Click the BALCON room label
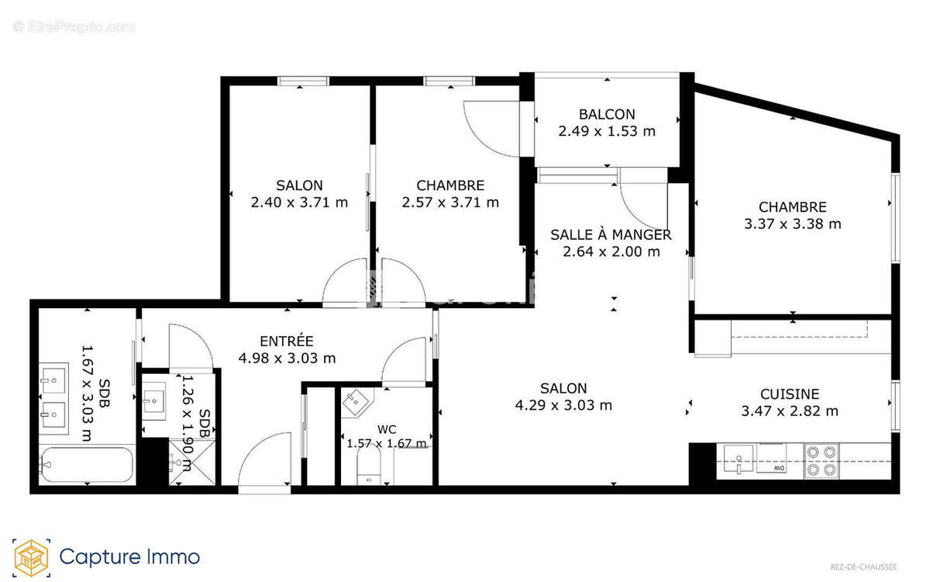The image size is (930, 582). pos(607,114)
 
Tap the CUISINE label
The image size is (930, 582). pos(789,394)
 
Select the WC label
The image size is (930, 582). pos(387,429)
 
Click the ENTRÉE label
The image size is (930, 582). pos(286,341)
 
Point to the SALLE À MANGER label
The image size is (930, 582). pos(611,234)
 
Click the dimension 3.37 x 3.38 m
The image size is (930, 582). pos(792,224)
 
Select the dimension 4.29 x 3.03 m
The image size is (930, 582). pos(563,405)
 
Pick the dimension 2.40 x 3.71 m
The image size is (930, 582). pos(299,203)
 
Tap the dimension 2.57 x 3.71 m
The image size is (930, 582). pos(450,203)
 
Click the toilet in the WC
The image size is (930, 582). pos(370,470)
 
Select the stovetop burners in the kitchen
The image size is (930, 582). pos(821,460)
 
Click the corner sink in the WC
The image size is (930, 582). pos(356,402)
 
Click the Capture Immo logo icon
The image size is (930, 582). pos(32,556)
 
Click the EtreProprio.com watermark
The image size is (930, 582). pos(74,27)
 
